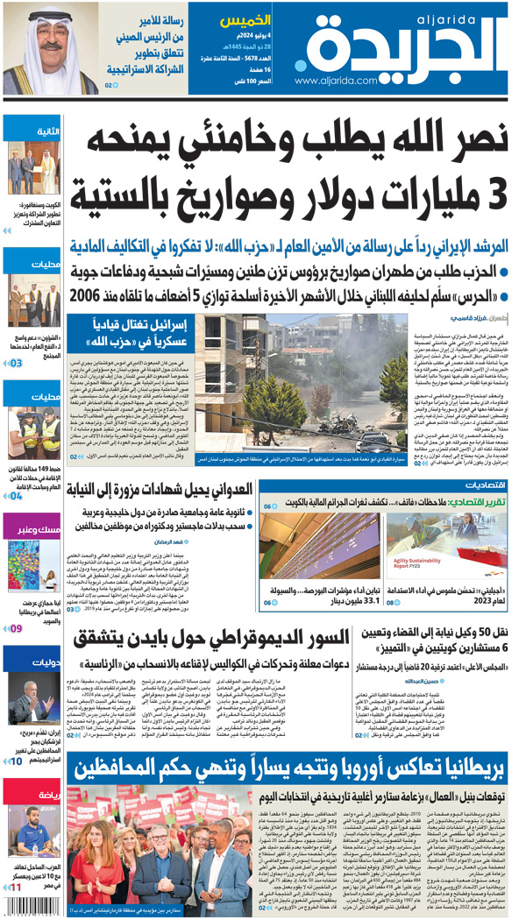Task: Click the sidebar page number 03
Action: point(16,362)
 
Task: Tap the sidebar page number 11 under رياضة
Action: point(15,888)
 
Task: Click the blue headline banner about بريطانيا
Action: point(289,770)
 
